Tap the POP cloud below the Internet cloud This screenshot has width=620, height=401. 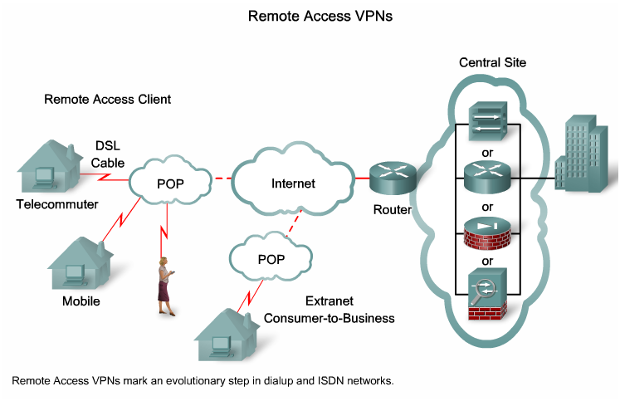coord(271,258)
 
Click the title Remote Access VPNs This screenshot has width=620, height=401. coord(309,15)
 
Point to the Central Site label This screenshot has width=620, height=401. coord(492,63)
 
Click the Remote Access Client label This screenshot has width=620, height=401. coord(107,100)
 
